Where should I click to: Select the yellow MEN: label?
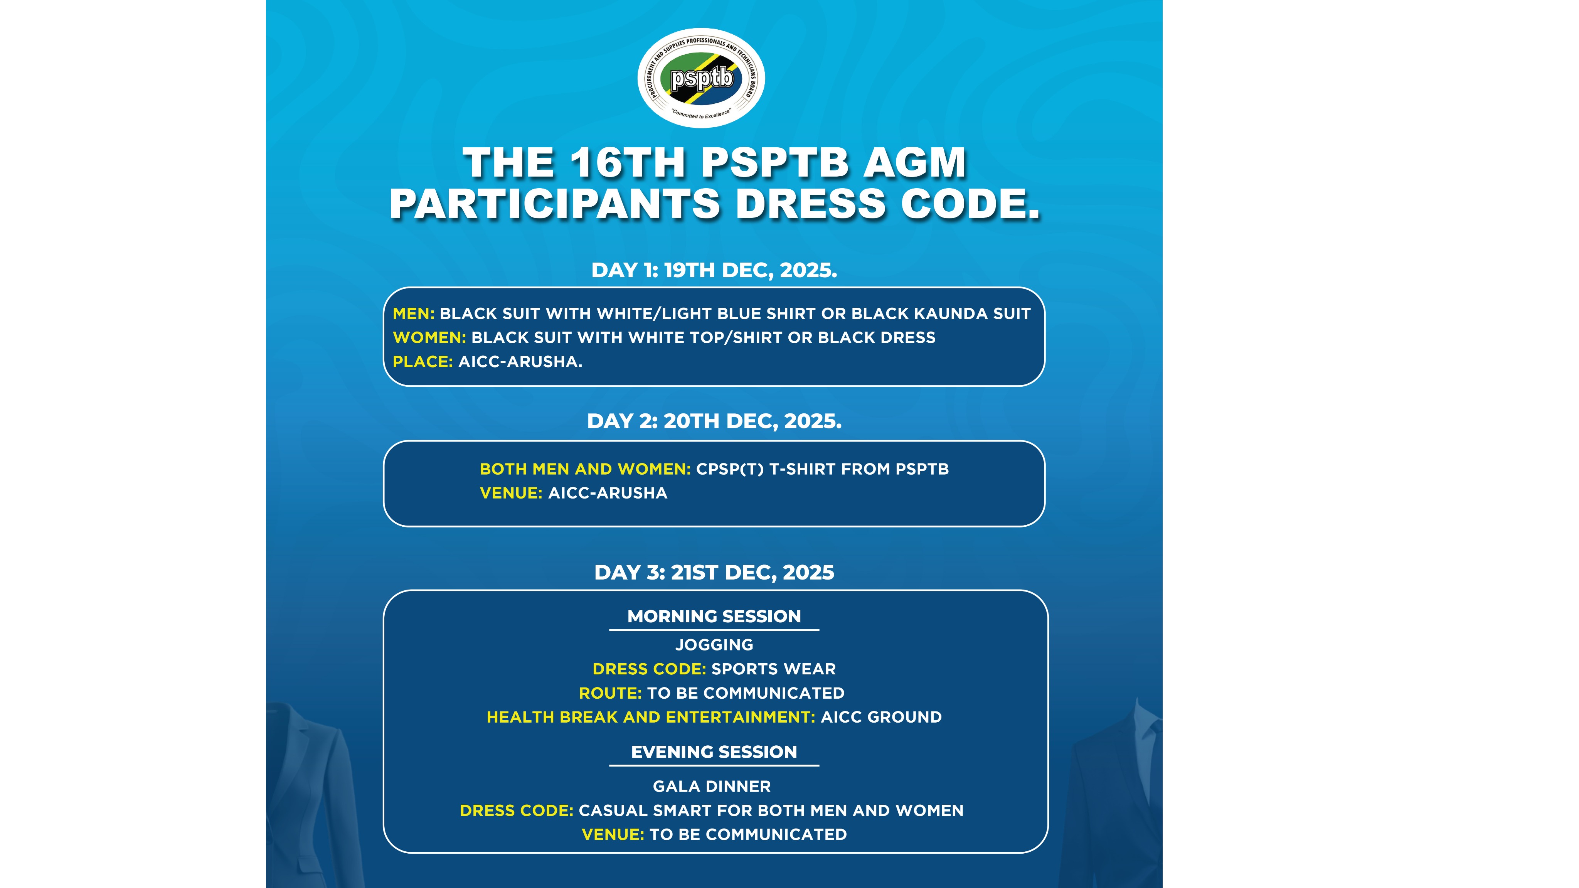tap(414, 313)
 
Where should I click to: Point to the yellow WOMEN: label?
tap(429, 337)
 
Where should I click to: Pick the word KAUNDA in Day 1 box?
tap(951, 313)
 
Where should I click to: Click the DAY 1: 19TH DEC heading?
tap(714, 270)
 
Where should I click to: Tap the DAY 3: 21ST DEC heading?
tap(714, 572)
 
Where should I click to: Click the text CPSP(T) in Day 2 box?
tap(729, 469)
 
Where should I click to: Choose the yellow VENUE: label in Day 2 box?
tap(511, 493)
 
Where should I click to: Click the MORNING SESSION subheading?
tap(714, 616)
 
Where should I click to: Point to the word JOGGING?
tap(714, 645)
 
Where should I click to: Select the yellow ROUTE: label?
tap(610, 693)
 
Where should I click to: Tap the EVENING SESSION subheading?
tap(714, 752)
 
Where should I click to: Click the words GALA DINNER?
tap(712, 786)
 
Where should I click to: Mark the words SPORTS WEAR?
tap(773, 669)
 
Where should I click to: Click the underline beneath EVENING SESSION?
tap(714, 765)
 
